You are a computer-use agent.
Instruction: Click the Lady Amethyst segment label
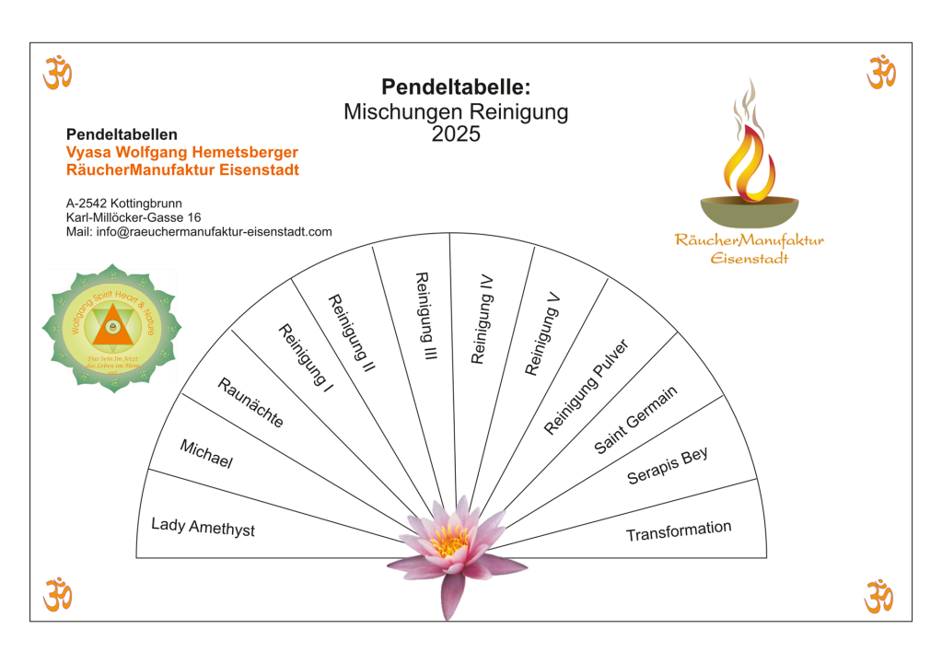tap(203, 527)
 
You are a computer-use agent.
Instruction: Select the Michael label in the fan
tap(206, 454)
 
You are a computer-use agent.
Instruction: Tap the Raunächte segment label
tap(250, 402)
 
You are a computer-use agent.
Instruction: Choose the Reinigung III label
tap(424, 316)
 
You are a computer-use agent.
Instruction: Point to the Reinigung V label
tap(542, 333)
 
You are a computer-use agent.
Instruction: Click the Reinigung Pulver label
tap(586, 387)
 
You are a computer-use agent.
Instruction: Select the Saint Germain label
tap(635, 419)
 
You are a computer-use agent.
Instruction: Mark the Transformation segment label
tap(679, 531)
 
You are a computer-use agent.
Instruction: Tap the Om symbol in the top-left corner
tap(57, 72)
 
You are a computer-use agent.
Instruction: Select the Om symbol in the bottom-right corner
tap(878, 595)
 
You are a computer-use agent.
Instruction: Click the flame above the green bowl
tap(748, 157)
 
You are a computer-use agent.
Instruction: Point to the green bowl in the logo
tap(747, 211)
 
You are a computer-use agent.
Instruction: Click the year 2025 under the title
tap(456, 134)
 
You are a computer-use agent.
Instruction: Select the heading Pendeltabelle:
tap(456, 87)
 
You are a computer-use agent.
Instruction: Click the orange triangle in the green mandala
tap(111, 325)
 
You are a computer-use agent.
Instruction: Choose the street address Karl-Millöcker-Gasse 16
tap(134, 217)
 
